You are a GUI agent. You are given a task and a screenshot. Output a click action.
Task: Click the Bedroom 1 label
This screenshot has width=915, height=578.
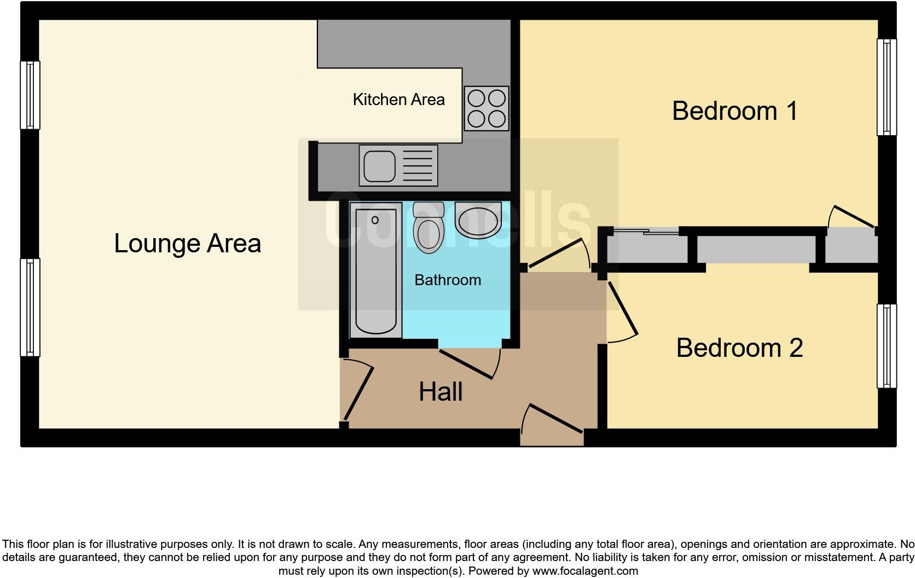coord(734,111)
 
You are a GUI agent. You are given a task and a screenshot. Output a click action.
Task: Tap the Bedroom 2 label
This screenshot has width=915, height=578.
coord(739,348)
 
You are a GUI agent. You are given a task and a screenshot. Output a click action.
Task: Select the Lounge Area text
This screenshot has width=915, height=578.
coord(187,244)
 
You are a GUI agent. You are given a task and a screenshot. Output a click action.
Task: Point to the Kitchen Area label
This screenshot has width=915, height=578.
coord(398,100)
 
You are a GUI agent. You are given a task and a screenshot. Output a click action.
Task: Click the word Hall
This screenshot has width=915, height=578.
coord(441,392)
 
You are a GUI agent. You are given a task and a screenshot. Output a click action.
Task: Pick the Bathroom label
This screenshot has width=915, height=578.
coord(448,280)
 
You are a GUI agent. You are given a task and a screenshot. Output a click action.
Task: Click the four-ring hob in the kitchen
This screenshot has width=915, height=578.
coord(486,108)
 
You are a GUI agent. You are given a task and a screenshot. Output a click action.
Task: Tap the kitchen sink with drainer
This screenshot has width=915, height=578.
coord(398,165)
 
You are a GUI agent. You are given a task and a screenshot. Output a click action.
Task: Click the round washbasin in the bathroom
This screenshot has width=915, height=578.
coord(478,220)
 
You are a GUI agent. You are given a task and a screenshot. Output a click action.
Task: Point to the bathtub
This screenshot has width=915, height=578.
coord(375,269)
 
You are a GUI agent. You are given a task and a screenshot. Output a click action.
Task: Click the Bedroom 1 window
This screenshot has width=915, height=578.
coord(887,87)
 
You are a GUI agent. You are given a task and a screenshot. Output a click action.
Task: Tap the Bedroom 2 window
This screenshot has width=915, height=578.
coord(887,346)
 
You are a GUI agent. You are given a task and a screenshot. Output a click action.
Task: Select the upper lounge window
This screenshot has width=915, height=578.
coord(30,95)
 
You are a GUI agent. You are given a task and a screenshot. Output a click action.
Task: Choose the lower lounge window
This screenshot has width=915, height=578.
coord(30,308)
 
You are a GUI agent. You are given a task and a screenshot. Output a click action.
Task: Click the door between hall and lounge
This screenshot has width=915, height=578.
coord(357,391)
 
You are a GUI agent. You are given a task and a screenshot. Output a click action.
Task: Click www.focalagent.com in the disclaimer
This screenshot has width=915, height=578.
coord(584,571)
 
